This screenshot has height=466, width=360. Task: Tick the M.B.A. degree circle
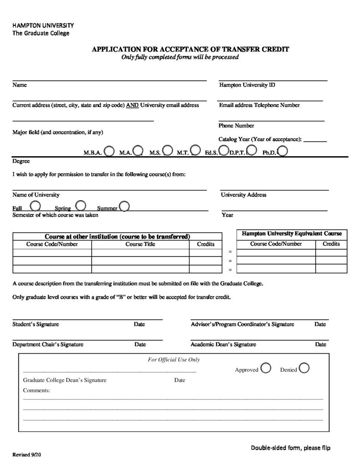coord(109,151)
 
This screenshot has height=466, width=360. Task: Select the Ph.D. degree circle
coord(282,151)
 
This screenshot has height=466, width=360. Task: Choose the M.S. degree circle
coord(167,150)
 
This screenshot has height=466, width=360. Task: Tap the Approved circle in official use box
coord(266,368)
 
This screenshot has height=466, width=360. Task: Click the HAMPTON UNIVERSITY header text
coord(43,25)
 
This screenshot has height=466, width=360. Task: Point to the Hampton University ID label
coord(247,85)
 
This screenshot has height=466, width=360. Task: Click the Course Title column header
coord(140,244)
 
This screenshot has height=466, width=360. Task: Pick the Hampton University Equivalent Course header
coord(292,233)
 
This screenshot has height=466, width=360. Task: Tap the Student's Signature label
coord(35,324)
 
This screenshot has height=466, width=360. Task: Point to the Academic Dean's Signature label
coord(223,344)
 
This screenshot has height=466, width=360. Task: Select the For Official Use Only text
coord(174,360)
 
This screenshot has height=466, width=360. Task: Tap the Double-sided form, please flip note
coord(290,448)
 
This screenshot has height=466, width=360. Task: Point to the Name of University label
coord(35,195)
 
